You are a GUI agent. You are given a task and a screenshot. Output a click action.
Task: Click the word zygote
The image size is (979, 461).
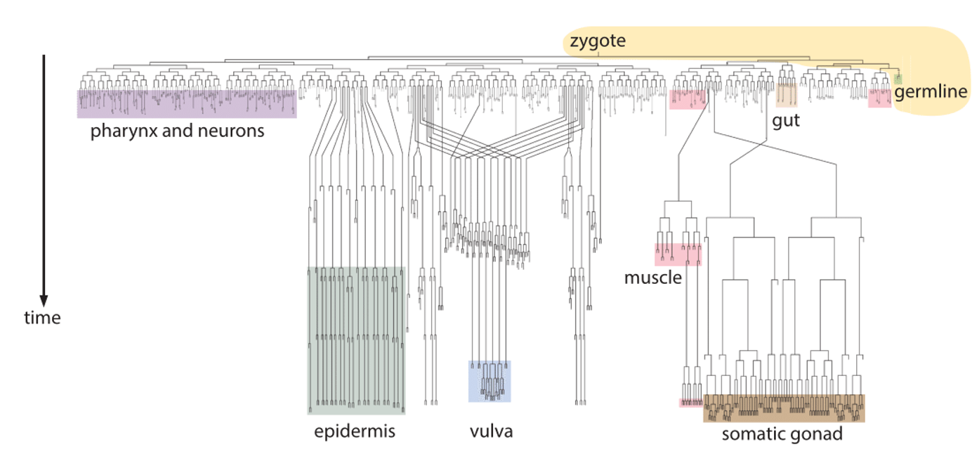coord(597,41)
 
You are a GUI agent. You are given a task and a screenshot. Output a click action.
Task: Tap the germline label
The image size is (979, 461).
coord(931,92)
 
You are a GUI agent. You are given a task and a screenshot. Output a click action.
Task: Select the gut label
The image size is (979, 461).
coord(786,121)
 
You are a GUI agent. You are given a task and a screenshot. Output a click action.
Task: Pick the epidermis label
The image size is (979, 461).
coord(354,431)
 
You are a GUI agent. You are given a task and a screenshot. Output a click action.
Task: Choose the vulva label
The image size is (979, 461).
coord(491,431)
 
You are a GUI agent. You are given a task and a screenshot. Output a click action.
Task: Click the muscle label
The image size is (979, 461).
coord(652,278)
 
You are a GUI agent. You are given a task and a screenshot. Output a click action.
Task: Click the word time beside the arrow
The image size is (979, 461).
coord(42,318)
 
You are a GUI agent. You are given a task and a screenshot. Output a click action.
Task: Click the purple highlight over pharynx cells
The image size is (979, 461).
coord(186,103)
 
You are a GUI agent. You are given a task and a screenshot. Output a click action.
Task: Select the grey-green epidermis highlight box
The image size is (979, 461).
coord(356,340)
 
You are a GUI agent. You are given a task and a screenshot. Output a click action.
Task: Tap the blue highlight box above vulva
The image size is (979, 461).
coord(489,381)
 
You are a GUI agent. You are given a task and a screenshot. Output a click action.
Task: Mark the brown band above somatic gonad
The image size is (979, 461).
coord(784,408)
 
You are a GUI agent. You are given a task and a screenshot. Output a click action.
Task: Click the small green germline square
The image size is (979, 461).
coord(898,79)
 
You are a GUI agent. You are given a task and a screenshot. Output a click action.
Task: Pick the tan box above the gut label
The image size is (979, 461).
coord(786,93)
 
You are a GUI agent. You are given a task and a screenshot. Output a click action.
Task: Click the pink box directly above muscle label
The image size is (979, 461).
coord(678,254)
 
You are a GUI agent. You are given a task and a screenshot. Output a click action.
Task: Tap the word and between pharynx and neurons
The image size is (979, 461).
coord(178,131)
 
